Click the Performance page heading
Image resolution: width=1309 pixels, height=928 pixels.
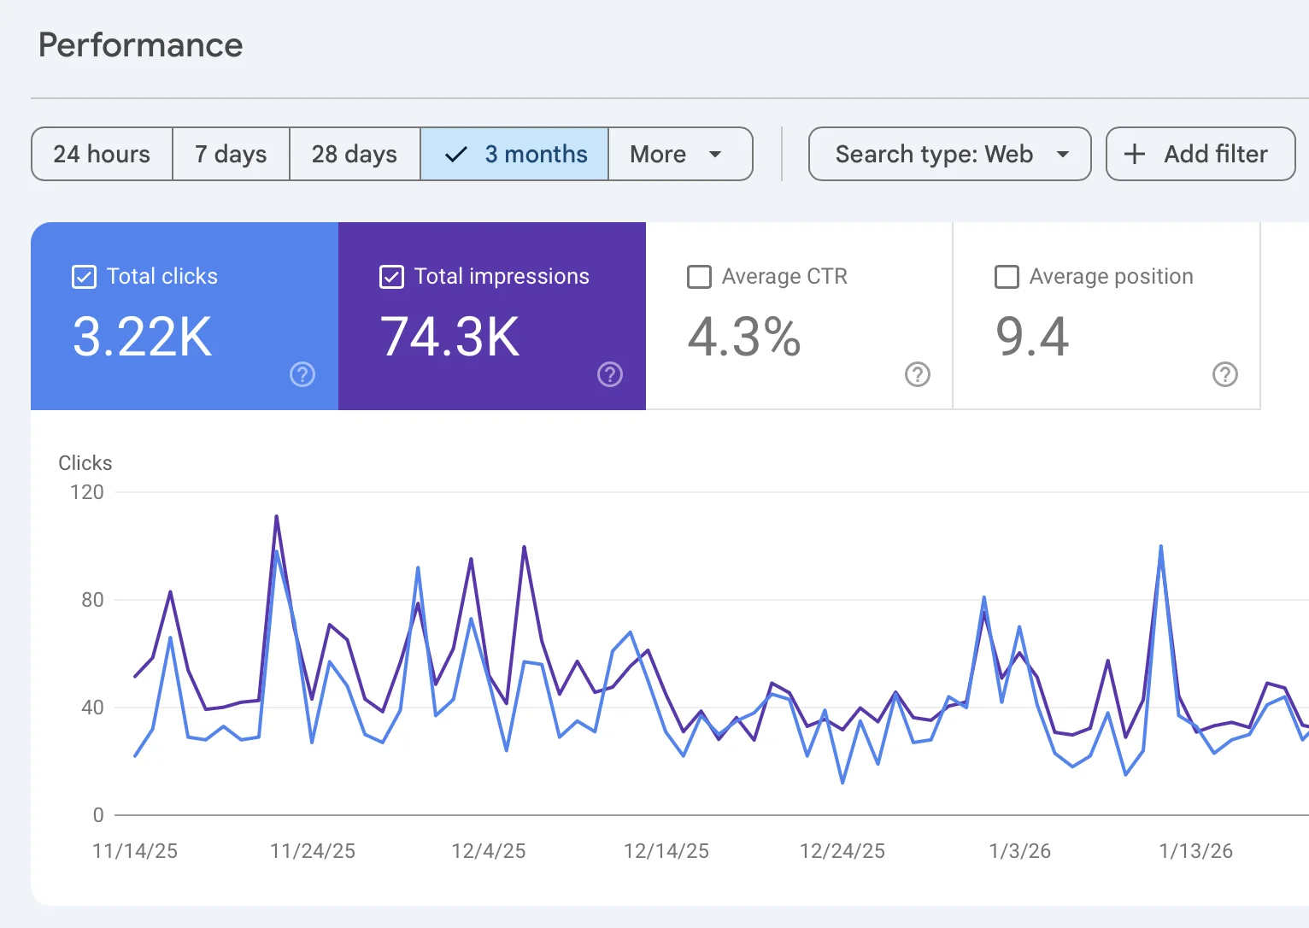(x=141, y=45)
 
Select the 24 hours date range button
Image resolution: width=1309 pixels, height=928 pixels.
(x=102, y=154)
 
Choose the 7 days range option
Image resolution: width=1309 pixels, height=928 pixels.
(x=231, y=154)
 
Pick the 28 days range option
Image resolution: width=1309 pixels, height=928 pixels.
(x=355, y=154)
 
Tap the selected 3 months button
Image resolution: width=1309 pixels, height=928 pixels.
(x=514, y=154)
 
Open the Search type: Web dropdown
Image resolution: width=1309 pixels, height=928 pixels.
(x=949, y=154)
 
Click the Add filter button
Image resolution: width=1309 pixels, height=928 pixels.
(x=1200, y=154)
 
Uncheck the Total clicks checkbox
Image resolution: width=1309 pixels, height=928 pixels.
(x=84, y=277)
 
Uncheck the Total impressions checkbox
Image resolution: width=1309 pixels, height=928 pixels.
(x=391, y=277)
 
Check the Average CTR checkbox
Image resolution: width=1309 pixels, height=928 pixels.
(x=699, y=277)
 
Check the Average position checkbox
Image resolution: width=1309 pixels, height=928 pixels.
(x=1007, y=277)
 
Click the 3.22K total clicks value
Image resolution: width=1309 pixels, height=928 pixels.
(x=143, y=337)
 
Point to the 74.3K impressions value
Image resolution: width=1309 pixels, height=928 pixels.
(x=450, y=337)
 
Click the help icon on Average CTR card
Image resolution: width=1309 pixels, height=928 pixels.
(x=917, y=374)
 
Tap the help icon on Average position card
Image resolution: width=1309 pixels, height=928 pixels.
(x=1224, y=374)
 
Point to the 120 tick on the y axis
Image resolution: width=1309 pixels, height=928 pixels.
(x=87, y=492)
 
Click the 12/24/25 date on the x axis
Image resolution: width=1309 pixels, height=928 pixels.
(x=842, y=851)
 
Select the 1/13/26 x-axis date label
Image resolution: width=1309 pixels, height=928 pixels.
(x=1195, y=851)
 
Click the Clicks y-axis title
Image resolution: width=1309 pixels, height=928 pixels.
(x=85, y=463)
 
